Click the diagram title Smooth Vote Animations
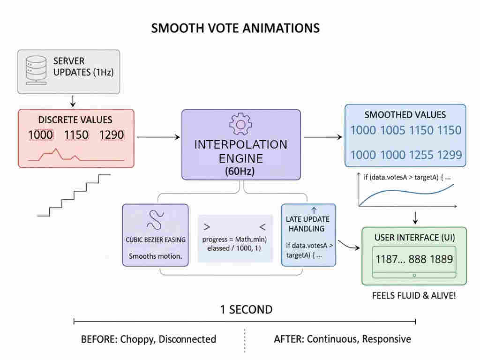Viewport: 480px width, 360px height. point(235,28)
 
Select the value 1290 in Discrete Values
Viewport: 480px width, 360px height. point(112,135)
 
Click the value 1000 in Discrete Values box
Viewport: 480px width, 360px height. point(41,135)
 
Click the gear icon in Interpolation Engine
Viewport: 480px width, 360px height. point(241,123)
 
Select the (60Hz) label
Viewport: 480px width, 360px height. point(240,172)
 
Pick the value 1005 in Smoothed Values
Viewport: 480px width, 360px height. point(392,130)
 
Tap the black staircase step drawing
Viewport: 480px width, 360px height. point(75,195)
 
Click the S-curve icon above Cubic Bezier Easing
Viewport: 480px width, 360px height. point(155,220)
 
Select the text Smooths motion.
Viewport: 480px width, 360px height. point(155,256)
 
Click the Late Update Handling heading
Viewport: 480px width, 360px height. point(308,224)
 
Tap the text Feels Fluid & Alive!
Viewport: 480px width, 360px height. point(413,296)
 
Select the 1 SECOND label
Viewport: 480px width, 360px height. point(246,310)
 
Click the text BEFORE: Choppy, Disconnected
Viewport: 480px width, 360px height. point(149,339)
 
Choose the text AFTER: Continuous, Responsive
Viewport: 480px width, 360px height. point(342,339)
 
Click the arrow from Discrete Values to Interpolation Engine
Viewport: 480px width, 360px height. point(158,137)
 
